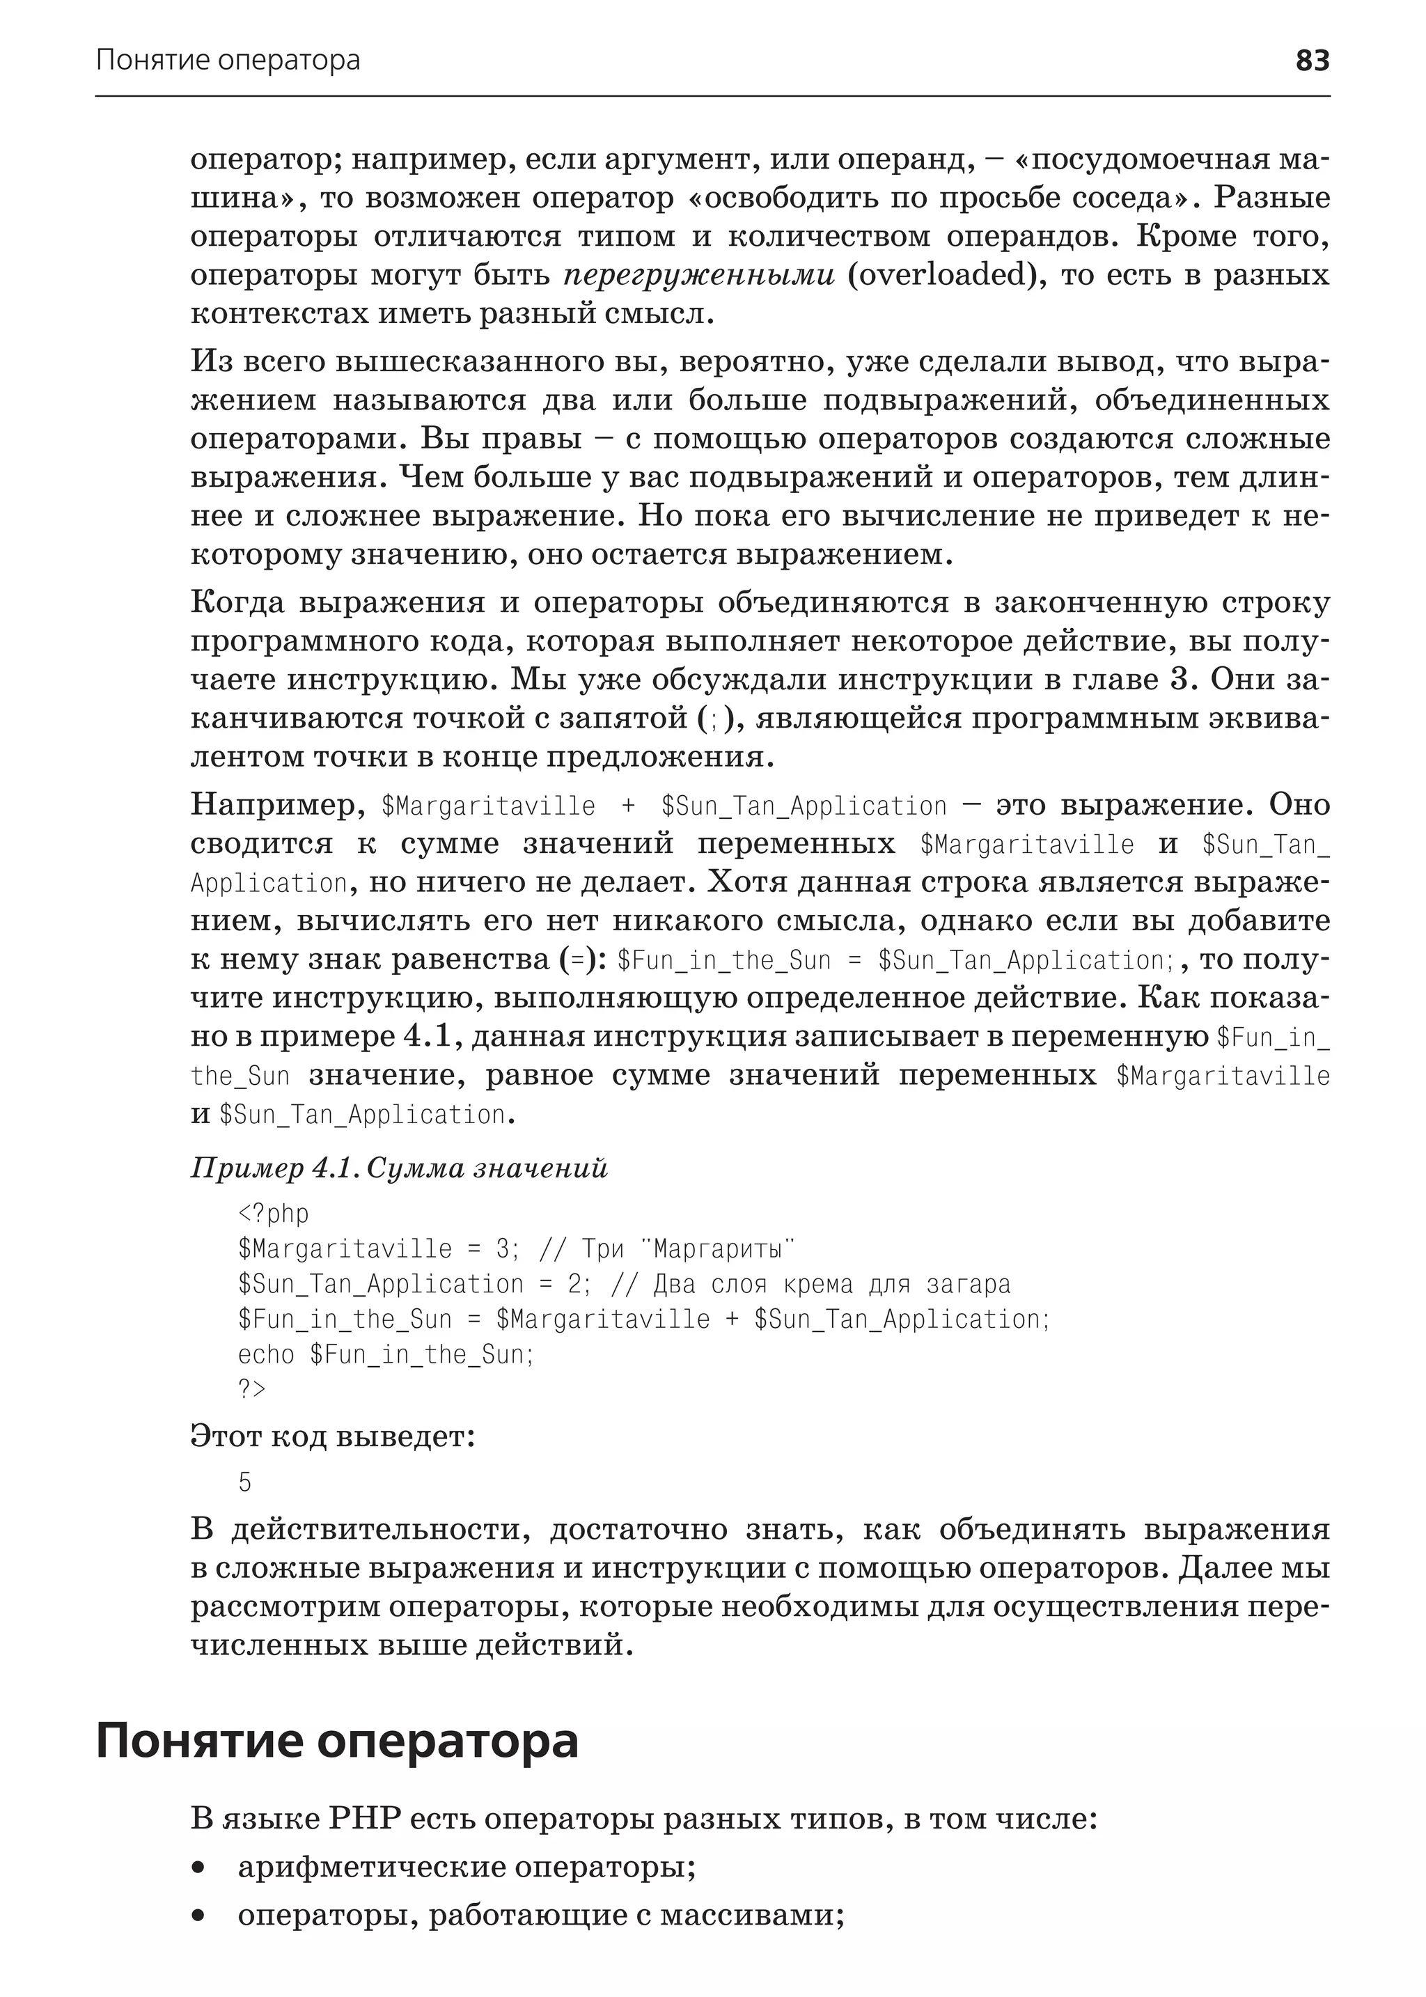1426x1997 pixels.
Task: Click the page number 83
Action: coord(1312,60)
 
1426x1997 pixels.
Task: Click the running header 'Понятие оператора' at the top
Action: coord(228,60)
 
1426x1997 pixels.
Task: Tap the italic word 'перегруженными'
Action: coord(699,276)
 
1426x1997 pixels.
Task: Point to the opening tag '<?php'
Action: coord(273,1214)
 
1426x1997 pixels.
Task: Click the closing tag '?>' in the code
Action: coord(251,1389)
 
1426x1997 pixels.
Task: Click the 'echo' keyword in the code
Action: coord(266,1354)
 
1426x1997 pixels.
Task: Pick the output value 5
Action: coord(245,1483)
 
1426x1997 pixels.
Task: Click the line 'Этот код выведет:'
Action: coord(332,1436)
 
